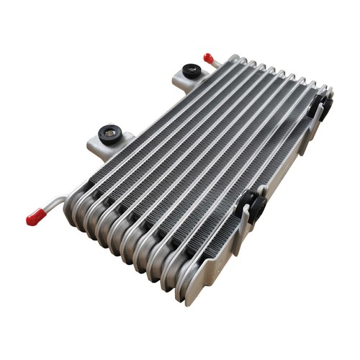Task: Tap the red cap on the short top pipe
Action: [x=208, y=58]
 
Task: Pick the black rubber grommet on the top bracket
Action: [x=192, y=71]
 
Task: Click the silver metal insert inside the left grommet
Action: [x=110, y=131]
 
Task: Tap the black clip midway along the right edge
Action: [x=253, y=205]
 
